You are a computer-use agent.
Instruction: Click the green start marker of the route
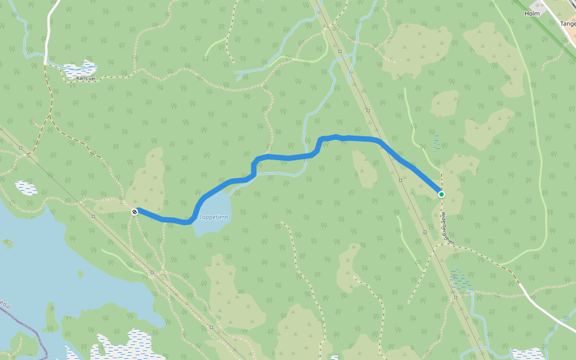[x=442, y=194]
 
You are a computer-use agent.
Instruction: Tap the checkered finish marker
[x=134, y=211]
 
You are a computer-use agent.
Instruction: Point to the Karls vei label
[x=86, y=78]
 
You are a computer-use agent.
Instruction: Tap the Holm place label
[x=532, y=13]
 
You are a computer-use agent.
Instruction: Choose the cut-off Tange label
[x=568, y=24]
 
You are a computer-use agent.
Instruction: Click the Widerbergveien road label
[x=447, y=227]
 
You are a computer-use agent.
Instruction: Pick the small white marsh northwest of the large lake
[x=26, y=188]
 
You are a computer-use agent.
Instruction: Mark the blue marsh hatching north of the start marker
[x=437, y=142]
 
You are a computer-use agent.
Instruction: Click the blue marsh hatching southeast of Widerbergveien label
[x=460, y=279]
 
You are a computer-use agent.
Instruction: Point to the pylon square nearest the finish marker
[x=94, y=215]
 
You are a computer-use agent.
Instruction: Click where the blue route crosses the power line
[x=387, y=147]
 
